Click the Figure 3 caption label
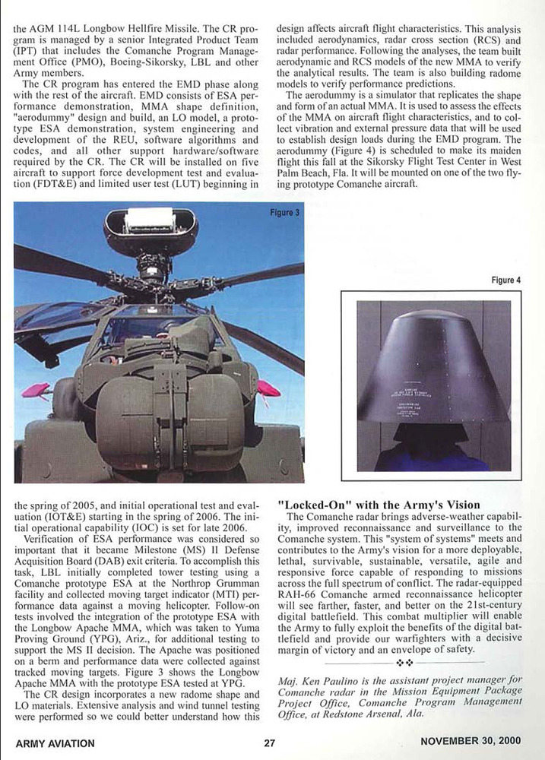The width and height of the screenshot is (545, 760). pos(284,212)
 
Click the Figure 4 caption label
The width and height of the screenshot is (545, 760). pos(506,280)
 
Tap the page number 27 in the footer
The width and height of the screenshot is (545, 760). pos(269,743)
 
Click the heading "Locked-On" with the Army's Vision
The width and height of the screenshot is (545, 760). pos(379,505)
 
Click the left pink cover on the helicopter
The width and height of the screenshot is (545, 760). pos(36,391)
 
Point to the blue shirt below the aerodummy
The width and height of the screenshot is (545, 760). pos(433,455)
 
